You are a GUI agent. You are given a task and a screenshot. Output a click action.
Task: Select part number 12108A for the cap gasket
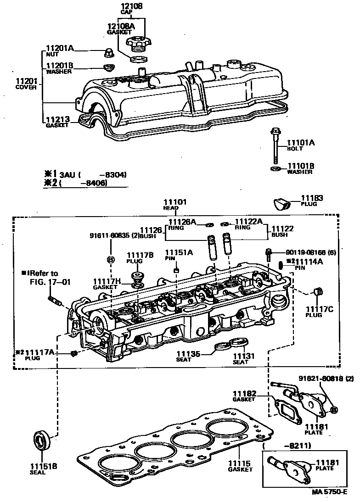[121, 26]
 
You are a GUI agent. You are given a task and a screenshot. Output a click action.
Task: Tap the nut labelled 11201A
[109, 52]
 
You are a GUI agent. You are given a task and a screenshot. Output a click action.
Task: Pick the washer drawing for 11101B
[275, 169]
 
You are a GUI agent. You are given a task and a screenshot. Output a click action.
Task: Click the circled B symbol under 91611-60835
[110, 259]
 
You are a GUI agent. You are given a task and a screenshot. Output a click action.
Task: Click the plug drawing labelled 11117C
[316, 292]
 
